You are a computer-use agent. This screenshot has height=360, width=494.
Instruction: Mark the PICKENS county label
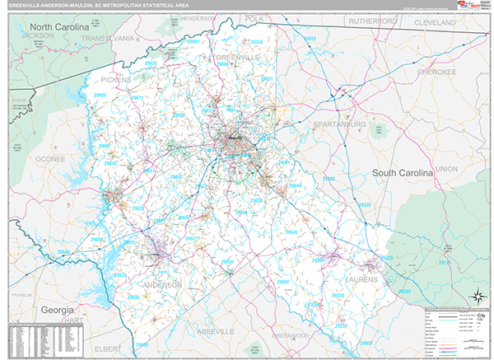coord(116,80)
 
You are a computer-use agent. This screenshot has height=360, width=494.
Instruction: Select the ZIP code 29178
coord(445,263)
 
